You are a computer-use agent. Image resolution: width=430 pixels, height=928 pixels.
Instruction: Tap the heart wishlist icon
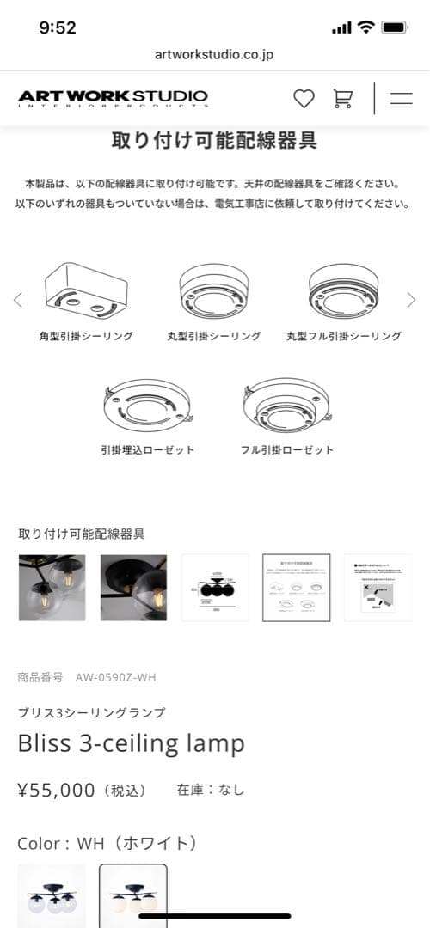click(304, 99)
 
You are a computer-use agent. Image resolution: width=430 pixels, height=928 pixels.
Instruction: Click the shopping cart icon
click(343, 99)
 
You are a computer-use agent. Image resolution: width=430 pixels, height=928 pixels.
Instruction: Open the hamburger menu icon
click(401, 99)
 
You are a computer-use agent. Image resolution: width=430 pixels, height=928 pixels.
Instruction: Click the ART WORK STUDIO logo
click(113, 98)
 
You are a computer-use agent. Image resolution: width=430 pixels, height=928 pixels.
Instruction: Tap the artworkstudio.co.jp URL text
click(215, 54)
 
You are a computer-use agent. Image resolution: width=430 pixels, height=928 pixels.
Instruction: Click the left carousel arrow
click(18, 300)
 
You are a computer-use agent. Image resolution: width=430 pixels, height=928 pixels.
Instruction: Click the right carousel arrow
click(411, 300)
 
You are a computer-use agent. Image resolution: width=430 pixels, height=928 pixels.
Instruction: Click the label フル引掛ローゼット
click(286, 450)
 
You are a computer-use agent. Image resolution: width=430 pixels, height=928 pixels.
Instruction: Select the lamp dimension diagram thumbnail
click(215, 588)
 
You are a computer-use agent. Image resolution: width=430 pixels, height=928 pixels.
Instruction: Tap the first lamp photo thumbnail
click(52, 588)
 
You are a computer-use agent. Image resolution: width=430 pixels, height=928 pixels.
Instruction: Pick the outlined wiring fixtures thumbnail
click(297, 588)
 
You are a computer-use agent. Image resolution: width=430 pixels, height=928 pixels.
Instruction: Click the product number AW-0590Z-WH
click(115, 677)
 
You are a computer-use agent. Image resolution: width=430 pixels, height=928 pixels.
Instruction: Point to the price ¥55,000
click(57, 790)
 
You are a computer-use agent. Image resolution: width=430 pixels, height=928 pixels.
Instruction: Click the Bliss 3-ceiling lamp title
click(131, 743)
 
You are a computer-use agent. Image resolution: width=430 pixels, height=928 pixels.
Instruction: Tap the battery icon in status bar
click(395, 27)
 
